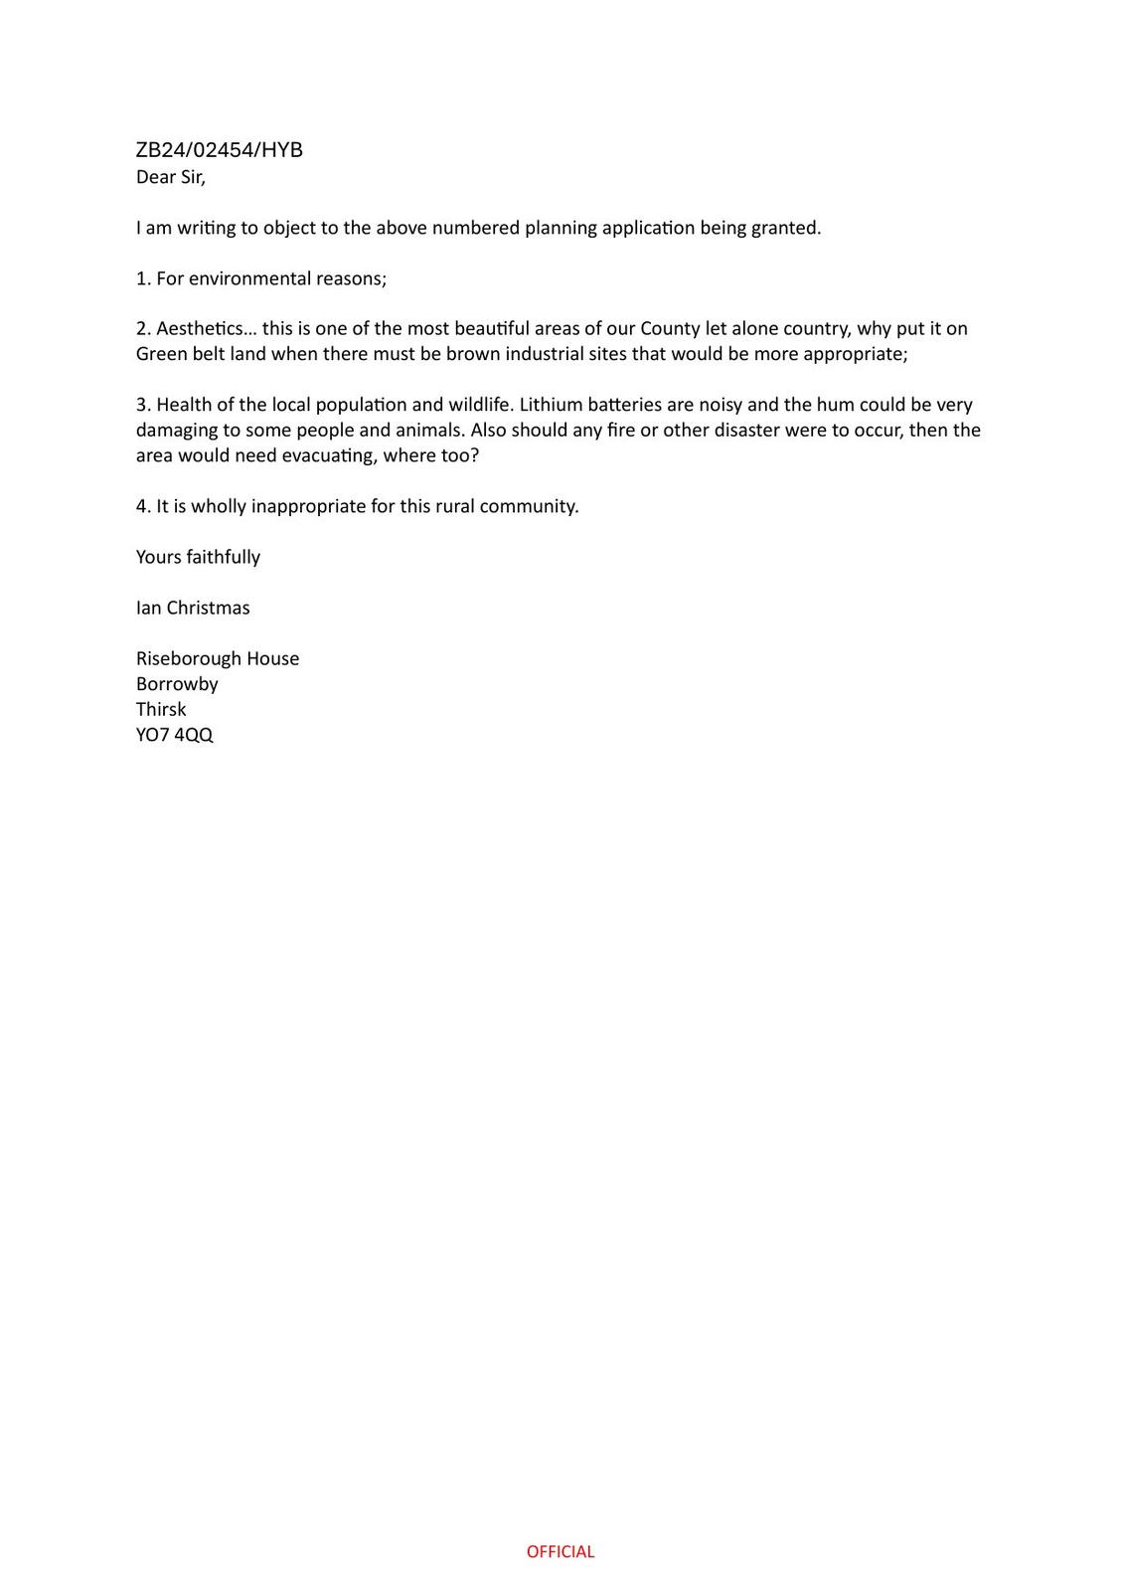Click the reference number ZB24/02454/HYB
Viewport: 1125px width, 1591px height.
pyautogui.click(x=219, y=150)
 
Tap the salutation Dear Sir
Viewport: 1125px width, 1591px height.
pyautogui.click(x=171, y=177)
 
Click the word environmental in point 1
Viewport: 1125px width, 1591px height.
pyautogui.click(x=249, y=278)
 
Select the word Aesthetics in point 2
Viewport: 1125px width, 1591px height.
pyautogui.click(x=202, y=328)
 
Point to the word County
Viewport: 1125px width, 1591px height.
pyautogui.click(x=670, y=328)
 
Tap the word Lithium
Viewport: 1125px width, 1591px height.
pyautogui.click(x=551, y=405)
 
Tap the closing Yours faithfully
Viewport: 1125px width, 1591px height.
pyautogui.click(x=198, y=557)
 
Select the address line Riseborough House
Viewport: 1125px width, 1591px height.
pyautogui.click(x=218, y=658)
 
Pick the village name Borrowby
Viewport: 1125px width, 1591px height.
pyautogui.click(x=177, y=684)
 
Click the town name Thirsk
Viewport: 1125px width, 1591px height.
pyautogui.click(x=161, y=709)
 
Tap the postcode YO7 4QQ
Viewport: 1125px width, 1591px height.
pyautogui.click(x=175, y=735)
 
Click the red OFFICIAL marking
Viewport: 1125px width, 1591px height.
pyautogui.click(x=561, y=1551)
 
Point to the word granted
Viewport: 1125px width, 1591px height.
pyautogui.click(x=784, y=228)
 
